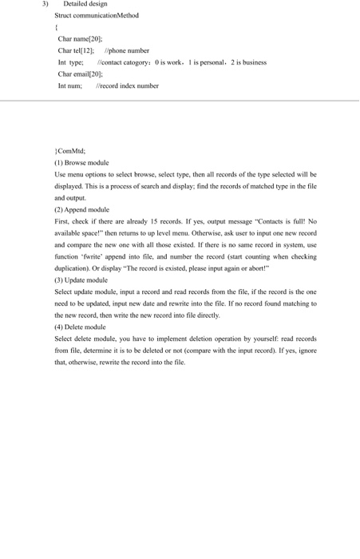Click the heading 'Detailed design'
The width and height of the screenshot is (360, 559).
click(85, 5)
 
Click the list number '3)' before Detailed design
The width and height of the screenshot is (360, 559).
click(45, 5)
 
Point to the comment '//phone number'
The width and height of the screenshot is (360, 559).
click(127, 50)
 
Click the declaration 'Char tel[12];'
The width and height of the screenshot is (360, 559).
click(77, 50)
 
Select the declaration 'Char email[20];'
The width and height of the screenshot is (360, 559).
click(81, 73)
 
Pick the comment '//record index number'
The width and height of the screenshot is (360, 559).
click(127, 85)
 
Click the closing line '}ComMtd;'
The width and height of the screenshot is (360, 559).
click(69, 150)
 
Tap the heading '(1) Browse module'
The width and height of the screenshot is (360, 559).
click(81, 162)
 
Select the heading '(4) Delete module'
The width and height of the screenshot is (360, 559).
click(80, 327)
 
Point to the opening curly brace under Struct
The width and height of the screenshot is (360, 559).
click(56, 27)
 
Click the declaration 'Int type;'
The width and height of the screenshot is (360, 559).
click(71, 62)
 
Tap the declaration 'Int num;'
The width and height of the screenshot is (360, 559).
click(70, 85)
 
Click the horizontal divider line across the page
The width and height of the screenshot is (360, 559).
click(180, 101)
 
